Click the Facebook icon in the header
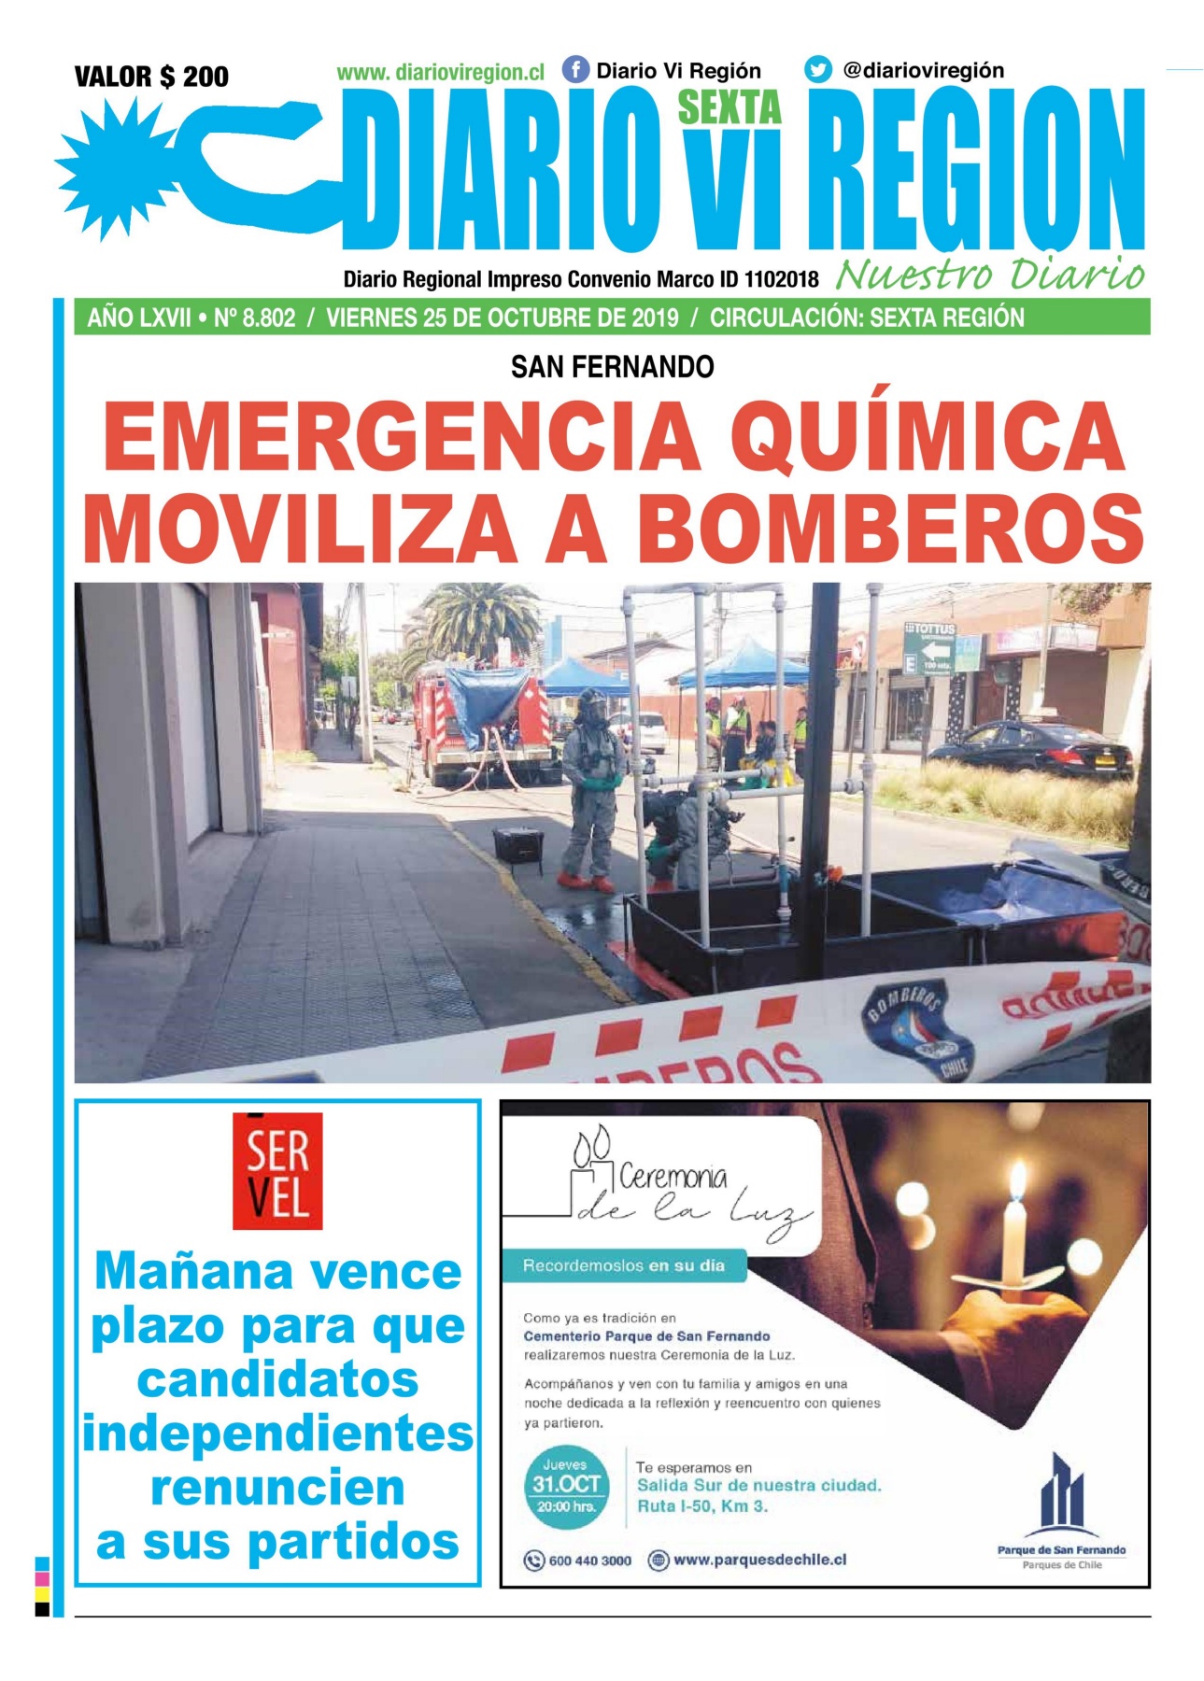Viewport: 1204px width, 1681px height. pyautogui.click(x=575, y=70)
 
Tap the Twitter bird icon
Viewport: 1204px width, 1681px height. pyautogui.click(x=817, y=70)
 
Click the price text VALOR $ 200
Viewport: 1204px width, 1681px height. pyautogui.click(x=151, y=77)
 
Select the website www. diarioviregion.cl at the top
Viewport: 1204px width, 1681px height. pyautogui.click(x=440, y=72)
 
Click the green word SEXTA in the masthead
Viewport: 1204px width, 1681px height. pyautogui.click(x=729, y=108)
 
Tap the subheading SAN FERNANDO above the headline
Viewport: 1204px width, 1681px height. pyautogui.click(x=612, y=367)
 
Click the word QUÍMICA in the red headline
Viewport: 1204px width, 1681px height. pyautogui.click(x=928, y=437)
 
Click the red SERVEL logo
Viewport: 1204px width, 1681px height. pyautogui.click(x=277, y=1170)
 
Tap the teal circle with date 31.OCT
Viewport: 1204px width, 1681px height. pyautogui.click(x=565, y=1486)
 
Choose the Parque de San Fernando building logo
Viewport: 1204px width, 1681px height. pyautogui.click(x=1061, y=1495)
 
